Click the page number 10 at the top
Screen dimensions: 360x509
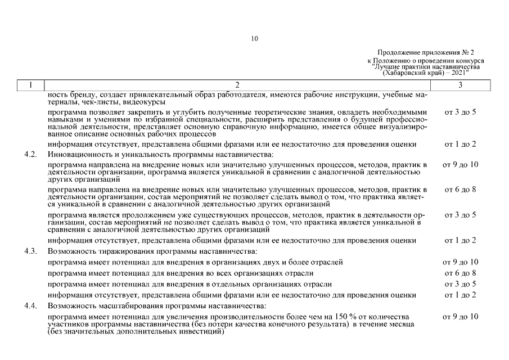(254, 39)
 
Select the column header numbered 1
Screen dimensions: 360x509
(31, 85)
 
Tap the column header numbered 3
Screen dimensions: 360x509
(460, 85)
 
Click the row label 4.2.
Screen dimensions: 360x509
(31, 154)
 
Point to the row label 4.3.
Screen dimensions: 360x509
(31, 251)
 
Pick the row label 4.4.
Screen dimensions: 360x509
(31, 306)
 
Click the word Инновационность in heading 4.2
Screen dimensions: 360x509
(78, 154)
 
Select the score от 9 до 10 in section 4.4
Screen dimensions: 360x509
(460, 317)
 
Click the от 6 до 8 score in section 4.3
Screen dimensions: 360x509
(460, 273)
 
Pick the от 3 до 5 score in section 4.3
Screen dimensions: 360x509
(460, 284)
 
